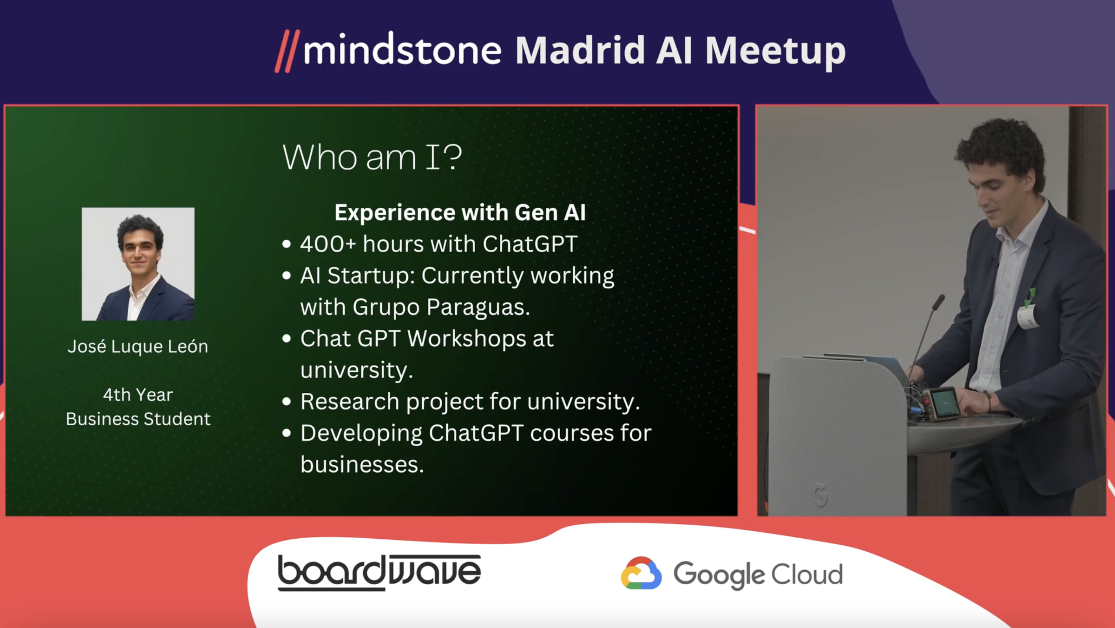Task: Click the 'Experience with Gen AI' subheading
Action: click(460, 212)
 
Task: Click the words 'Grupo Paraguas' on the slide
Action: click(441, 307)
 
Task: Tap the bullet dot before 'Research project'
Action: click(286, 401)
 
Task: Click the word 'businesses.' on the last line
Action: click(362, 465)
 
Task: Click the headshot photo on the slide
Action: click(138, 264)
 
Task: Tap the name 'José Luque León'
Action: click(138, 347)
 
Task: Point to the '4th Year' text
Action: click(138, 395)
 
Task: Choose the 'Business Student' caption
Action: click(138, 419)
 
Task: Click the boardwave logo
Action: click(379, 572)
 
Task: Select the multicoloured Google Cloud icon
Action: click(641, 573)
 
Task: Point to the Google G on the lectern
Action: click(820, 495)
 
